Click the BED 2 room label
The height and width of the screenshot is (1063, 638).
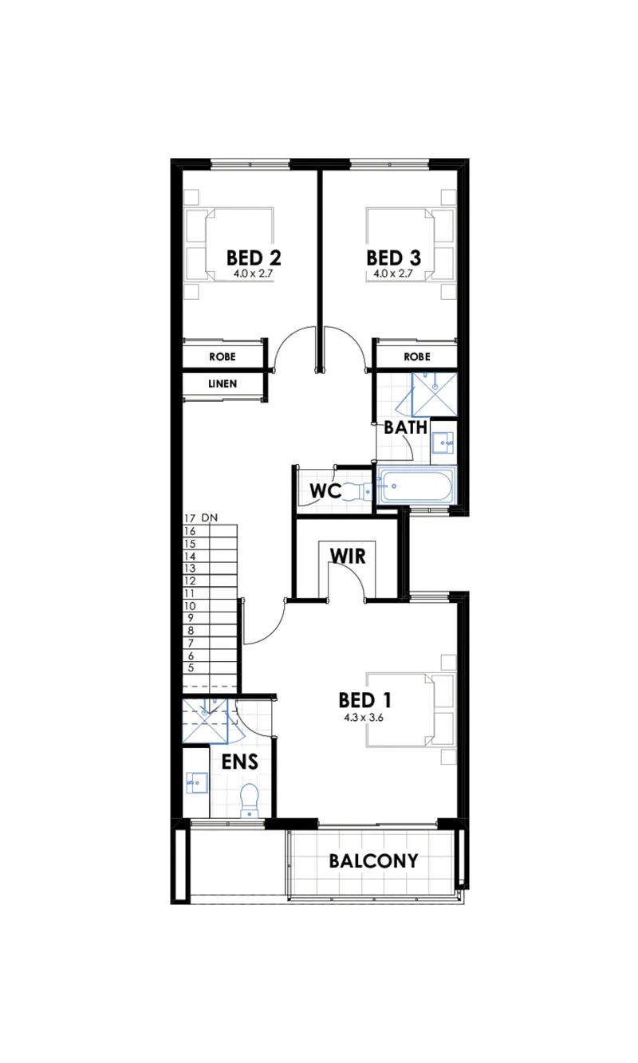pyautogui.click(x=254, y=258)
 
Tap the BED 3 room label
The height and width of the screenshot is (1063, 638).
pyautogui.click(x=393, y=258)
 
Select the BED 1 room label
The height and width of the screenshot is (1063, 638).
pyautogui.click(x=364, y=699)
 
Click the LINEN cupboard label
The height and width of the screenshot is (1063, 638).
pyautogui.click(x=222, y=384)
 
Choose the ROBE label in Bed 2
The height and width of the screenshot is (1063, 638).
pyautogui.click(x=222, y=356)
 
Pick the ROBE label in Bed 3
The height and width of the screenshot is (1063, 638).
pyautogui.click(x=416, y=356)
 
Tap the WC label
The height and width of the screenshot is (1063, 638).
pyautogui.click(x=326, y=491)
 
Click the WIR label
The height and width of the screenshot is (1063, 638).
pyautogui.click(x=347, y=555)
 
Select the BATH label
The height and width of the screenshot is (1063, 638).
pyautogui.click(x=405, y=427)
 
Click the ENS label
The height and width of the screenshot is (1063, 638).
pyautogui.click(x=239, y=762)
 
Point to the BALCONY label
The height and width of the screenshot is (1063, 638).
pyautogui.click(x=373, y=860)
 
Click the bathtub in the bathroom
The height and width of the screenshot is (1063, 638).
pyautogui.click(x=416, y=486)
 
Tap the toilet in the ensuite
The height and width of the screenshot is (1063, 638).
pyautogui.click(x=250, y=800)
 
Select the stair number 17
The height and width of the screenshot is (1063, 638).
pyautogui.click(x=189, y=518)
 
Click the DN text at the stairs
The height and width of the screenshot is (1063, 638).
pyautogui.click(x=209, y=518)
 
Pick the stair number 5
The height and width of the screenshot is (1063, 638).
pyautogui.click(x=190, y=667)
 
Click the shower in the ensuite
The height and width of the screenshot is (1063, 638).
pyautogui.click(x=206, y=720)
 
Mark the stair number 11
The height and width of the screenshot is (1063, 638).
pyautogui.click(x=189, y=593)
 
